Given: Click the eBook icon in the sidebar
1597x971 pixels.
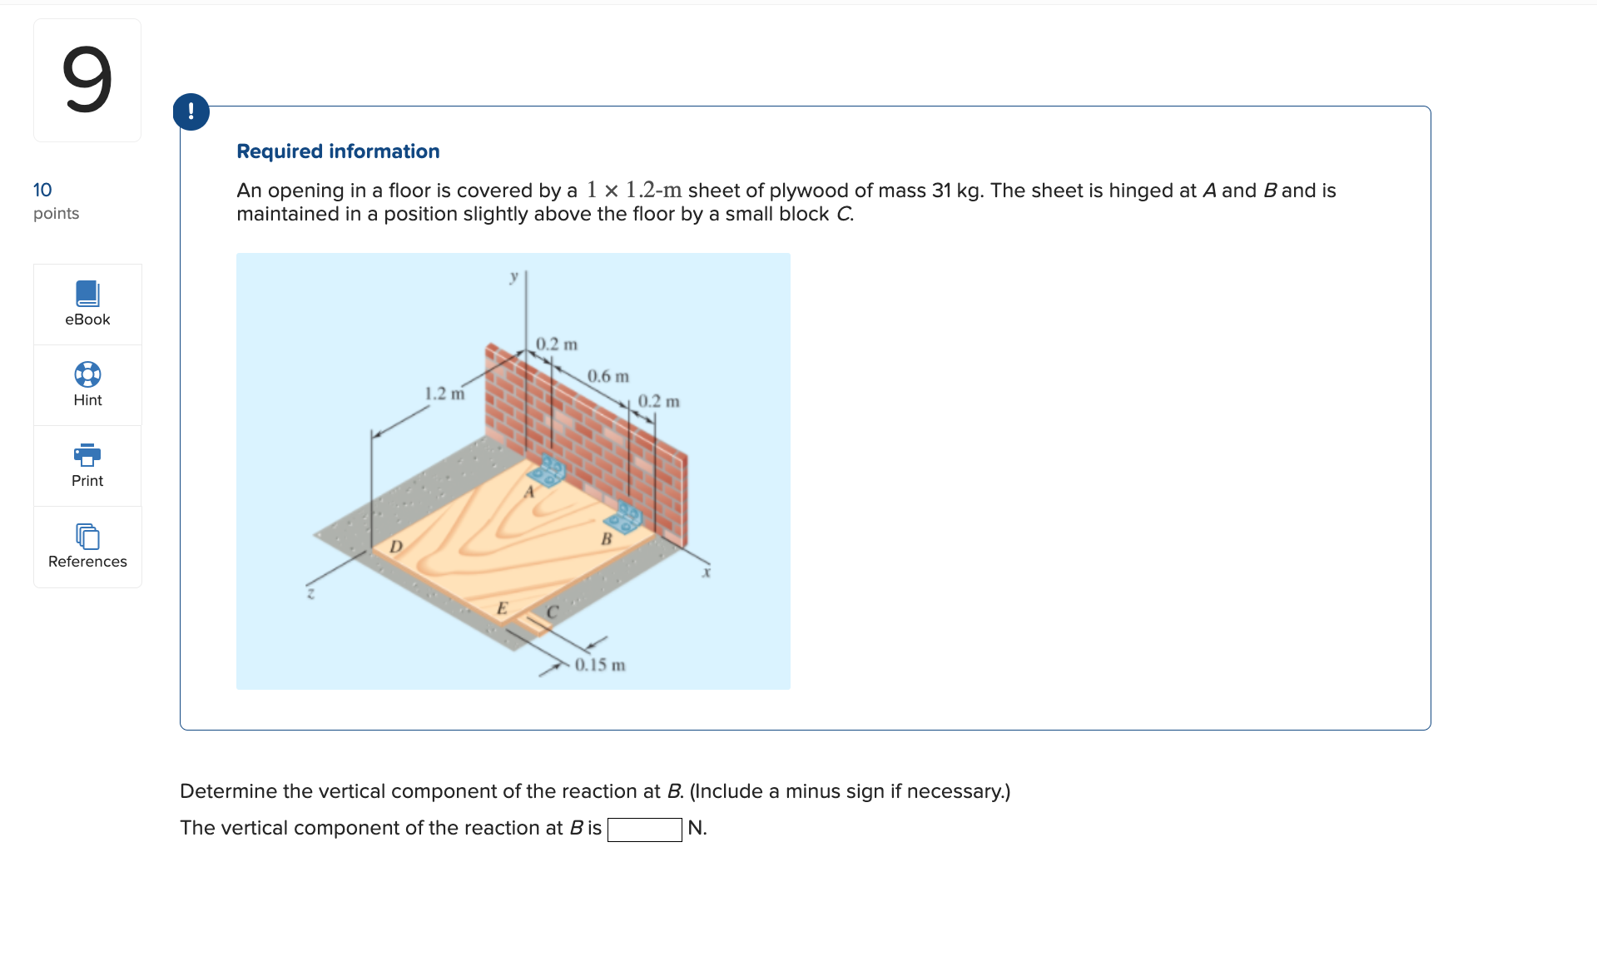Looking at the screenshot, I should pos(87,294).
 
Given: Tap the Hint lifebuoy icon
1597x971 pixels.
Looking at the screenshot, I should pos(87,374).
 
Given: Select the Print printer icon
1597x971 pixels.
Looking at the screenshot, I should pos(87,455).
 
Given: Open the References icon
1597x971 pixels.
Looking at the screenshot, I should pos(87,536).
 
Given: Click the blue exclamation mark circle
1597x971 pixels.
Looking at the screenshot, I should pos(191,111).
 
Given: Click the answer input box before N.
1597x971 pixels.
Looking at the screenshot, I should pos(644,829).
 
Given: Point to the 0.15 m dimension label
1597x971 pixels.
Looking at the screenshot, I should pos(600,665).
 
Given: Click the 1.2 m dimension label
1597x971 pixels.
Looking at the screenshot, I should pos(444,394).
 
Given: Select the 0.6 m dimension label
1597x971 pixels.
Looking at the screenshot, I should pos(608,376).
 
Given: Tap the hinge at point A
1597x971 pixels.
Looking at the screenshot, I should pos(548,472).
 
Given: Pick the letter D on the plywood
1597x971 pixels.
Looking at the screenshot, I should pos(396,547).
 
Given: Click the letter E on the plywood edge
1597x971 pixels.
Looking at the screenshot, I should pos(502,608).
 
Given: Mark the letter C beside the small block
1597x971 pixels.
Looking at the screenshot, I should pos(552,612).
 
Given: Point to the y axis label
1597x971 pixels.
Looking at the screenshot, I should pos(514,276).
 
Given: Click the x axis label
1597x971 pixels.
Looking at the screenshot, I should pos(706,572).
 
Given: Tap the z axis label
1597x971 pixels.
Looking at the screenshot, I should pos(310,593).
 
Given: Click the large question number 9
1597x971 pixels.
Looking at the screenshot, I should pos(87,80).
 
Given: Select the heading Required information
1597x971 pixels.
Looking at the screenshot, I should pos(338,151).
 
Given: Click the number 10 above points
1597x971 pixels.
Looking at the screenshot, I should pos(42,190).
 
